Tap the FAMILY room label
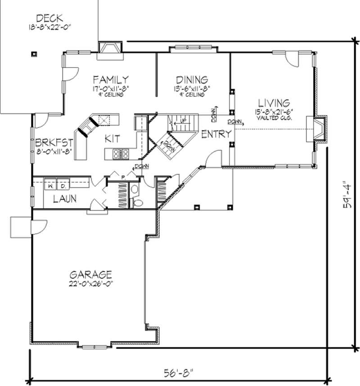coord(110,80)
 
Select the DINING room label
coord(192,80)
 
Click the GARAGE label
coord(90,274)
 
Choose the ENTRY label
coord(216,134)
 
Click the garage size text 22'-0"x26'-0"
coord(90,283)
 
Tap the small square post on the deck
coord(34,54)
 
